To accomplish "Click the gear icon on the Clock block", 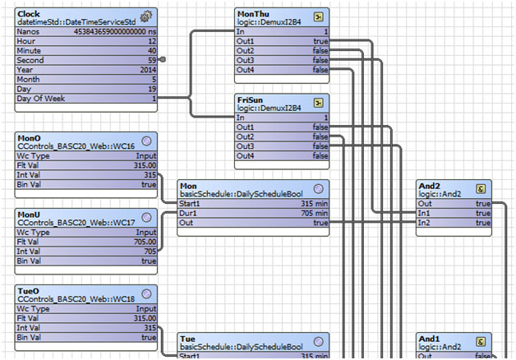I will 146,16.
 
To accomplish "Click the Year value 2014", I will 147,69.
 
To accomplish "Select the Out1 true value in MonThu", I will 320,40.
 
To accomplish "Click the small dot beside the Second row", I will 163,60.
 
